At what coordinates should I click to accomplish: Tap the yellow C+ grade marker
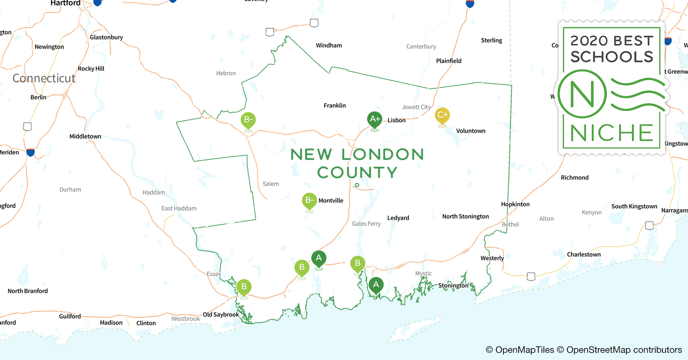coord(442,116)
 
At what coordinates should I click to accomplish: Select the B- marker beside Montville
coord(309,201)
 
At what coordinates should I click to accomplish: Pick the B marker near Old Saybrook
coord(244,287)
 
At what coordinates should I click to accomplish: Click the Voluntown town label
coord(470,131)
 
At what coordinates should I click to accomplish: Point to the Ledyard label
coord(398,218)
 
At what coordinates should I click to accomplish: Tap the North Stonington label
coord(465,216)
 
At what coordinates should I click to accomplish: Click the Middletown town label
coord(85,136)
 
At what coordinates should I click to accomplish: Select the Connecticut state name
coord(44,78)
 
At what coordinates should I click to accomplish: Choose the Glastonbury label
coord(106,37)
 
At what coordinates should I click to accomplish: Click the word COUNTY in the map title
coord(357,173)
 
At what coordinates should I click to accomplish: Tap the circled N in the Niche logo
coord(582,94)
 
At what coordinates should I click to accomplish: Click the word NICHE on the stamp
coord(612,133)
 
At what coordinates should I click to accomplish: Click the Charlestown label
coord(584,255)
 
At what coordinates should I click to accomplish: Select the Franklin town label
coord(335,105)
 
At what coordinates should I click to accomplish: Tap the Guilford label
coord(70,316)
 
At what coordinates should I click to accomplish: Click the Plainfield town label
coord(448,61)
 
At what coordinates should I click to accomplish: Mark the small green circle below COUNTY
coord(357,185)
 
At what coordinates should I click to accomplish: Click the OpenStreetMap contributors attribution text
coord(624,350)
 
